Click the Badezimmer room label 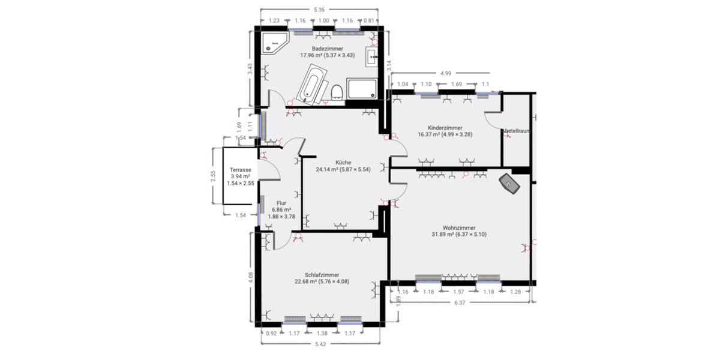[x=327, y=48]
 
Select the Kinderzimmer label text [x=445, y=127]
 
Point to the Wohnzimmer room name [x=459, y=227]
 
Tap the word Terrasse [x=240, y=170]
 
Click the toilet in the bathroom [x=337, y=92]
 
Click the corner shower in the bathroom [x=275, y=43]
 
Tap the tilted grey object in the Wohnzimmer [x=511, y=184]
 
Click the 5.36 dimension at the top [x=319, y=10]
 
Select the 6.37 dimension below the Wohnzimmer [x=460, y=302]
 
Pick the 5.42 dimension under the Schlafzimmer [x=321, y=344]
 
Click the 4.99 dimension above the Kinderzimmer [x=445, y=73]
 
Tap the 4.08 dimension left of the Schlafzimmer [x=251, y=277]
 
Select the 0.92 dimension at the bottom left [x=272, y=333]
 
